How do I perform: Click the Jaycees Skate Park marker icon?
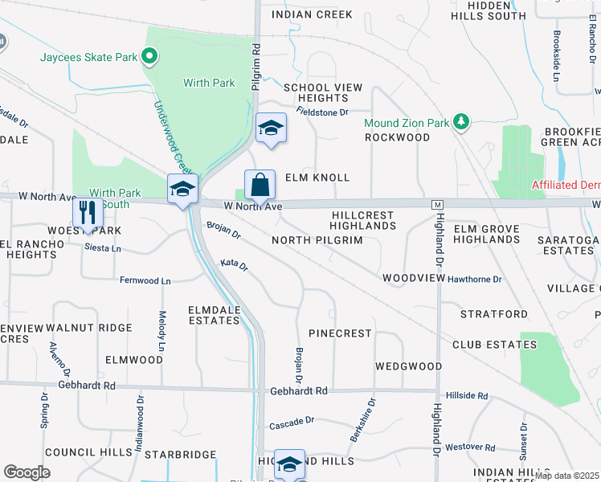click(x=148, y=56)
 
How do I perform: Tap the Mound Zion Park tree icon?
click(x=461, y=122)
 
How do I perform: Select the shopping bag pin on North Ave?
click(x=260, y=186)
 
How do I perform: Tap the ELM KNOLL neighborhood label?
click(x=317, y=178)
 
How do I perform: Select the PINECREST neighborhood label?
click(x=340, y=333)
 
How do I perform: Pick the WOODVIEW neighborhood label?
click(x=413, y=278)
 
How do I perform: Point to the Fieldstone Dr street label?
click(x=321, y=112)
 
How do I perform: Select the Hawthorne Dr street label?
click(x=475, y=280)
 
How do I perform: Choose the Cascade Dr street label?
click(x=291, y=422)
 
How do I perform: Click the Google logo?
click(x=27, y=472)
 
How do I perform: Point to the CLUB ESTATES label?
click(x=493, y=345)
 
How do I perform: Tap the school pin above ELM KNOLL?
click(x=271, y=129)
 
